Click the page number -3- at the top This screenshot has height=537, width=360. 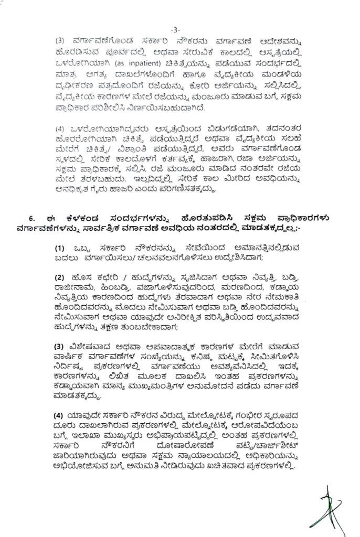click(x=179, y=29)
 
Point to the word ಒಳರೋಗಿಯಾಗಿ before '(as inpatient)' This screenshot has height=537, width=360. click(x=77, y=64)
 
